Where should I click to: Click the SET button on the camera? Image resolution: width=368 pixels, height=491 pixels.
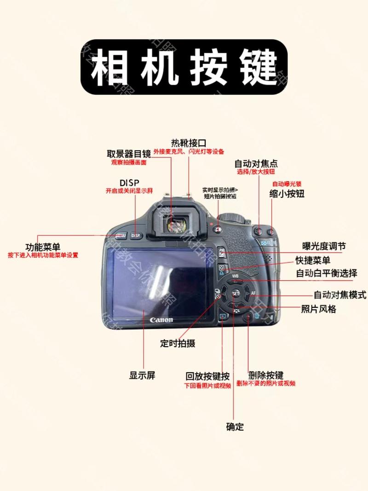coord(235,293)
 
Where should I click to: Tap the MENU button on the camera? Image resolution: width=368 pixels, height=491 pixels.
coord(121,235)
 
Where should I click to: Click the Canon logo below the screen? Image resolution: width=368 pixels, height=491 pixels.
coord(161,319)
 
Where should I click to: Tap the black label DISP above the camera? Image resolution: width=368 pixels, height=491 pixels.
coord(129,182)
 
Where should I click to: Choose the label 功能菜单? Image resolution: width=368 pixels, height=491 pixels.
coord(43,247)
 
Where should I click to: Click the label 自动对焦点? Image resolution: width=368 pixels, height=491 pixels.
coord(256,163)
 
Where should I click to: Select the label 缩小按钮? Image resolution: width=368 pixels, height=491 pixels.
coord(287,194)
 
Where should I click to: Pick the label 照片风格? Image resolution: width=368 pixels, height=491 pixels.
coord(318,309)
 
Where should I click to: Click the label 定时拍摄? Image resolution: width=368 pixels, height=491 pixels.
coord(178,343)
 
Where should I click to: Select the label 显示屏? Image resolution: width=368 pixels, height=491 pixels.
coord(142,375)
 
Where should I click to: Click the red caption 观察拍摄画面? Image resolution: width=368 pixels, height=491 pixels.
coord(129,163)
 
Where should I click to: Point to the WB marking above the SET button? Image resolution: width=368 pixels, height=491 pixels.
coord(236,277)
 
